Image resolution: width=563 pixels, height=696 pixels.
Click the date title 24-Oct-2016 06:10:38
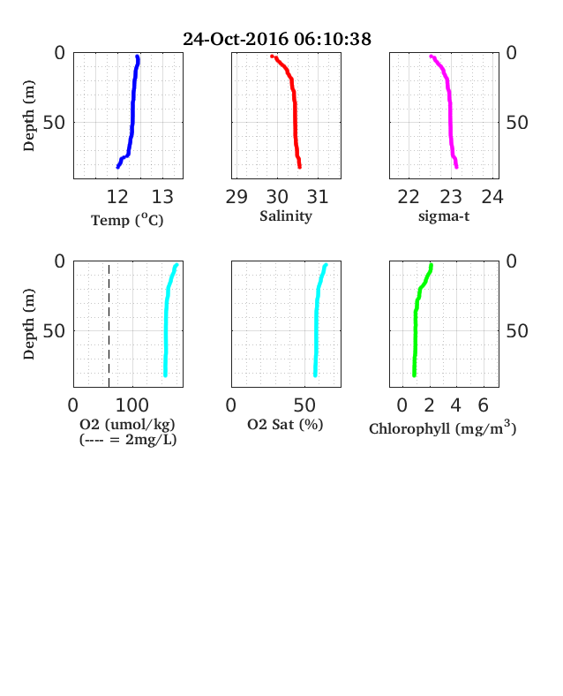277,39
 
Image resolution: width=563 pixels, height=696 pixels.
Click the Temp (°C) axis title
127,220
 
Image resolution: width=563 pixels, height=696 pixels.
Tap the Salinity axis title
286,216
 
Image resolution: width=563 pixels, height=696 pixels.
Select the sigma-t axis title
444,216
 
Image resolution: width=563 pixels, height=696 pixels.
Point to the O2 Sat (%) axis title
285,424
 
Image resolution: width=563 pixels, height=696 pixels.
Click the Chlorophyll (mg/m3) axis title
443,427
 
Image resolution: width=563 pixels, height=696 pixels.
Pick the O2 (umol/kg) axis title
128,424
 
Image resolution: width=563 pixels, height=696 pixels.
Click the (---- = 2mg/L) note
128,440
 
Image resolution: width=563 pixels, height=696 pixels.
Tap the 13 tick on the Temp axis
162,197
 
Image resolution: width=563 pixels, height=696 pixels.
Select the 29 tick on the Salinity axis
236,197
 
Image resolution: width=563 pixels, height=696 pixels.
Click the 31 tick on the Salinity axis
318,197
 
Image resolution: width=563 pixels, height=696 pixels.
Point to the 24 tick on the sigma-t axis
492,197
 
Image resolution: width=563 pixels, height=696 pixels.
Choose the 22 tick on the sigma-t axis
409,197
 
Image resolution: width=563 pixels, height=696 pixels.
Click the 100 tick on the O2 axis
132,405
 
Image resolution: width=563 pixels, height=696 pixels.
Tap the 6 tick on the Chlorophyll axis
484,405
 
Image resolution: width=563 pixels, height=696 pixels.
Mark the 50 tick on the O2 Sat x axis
304,405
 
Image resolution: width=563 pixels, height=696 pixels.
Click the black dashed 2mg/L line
109,325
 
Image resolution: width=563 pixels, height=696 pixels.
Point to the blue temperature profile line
133,111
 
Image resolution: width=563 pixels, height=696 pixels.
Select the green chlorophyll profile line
416,321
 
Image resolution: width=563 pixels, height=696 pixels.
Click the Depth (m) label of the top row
29,116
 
